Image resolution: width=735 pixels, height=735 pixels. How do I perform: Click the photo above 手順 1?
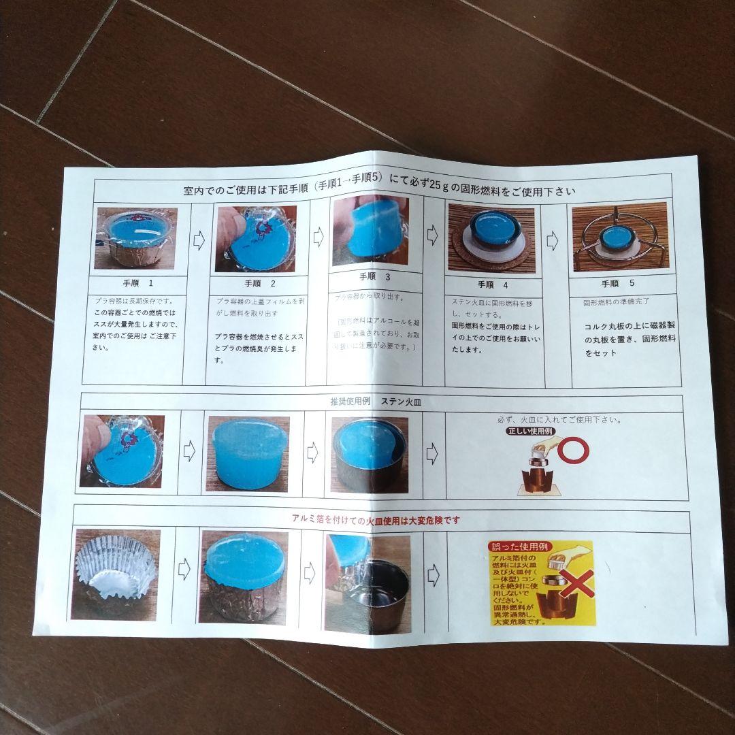tap(136, 238)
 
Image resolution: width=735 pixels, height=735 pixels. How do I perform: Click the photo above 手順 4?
tap(491, 240)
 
